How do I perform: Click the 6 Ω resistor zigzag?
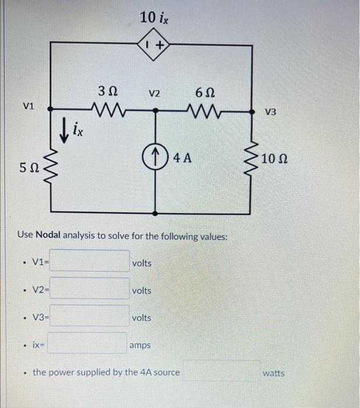(204, 108)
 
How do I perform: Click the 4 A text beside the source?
(181, 157)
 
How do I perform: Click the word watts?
(273, 372)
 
